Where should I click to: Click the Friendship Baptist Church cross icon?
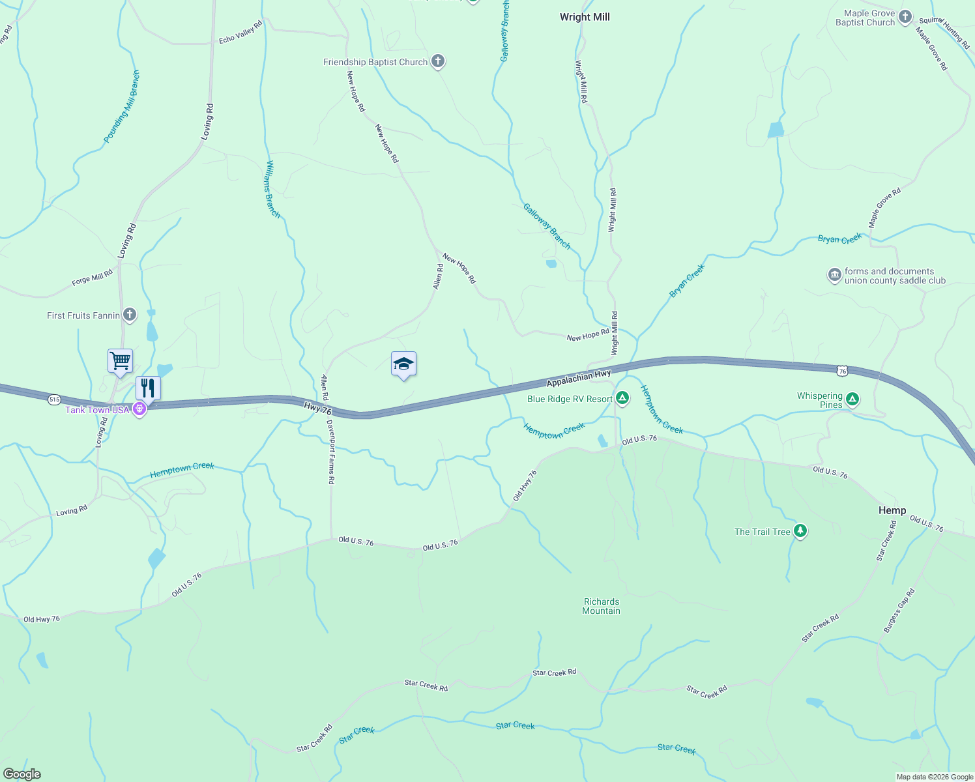[438, 62]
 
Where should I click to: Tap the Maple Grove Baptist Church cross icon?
[905, 18]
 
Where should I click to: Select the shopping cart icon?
[121, 360]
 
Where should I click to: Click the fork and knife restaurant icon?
[148, 388]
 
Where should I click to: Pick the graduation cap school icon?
[403, 364]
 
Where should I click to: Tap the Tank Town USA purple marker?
[139, 409]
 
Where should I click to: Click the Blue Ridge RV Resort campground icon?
[622, 398]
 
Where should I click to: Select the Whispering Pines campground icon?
[852, 399]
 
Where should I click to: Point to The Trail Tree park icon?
[800, 531]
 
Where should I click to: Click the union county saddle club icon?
[835, 276]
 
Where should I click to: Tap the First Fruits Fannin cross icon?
[130, 315]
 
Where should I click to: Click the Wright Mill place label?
[585, 17]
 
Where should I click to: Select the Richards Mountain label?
[601, 606]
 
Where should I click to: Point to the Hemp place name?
[892, 510]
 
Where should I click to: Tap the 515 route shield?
[54, 399]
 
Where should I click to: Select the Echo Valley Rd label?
[240, 31]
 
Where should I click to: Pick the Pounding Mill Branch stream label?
[122, 107]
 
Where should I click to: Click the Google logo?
[22, 774]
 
